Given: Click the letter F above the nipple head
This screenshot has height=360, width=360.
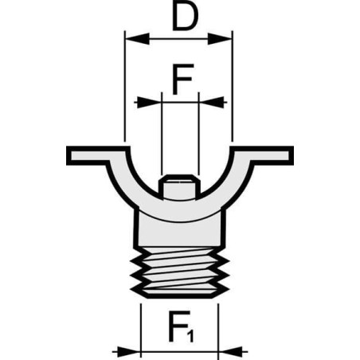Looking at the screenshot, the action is tap(182, 79).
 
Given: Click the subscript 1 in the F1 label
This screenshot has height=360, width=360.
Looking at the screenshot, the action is tap(190, 335).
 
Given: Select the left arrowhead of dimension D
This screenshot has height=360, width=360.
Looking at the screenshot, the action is tap(137, 39).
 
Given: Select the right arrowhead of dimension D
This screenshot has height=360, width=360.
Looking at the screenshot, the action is tap(220, 39).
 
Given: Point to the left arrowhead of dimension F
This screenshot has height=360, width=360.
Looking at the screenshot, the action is tap(149, 102).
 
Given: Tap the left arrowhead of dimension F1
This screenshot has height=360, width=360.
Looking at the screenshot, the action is tap(128, 351).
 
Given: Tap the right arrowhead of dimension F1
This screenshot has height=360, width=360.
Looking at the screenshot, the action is tap(230, 351).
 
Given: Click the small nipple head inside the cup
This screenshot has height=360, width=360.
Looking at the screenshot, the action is tap(180, 186).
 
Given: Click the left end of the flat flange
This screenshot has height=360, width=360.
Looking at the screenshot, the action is tap(68, 155).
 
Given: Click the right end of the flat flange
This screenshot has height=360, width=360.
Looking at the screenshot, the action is tap(291, 155).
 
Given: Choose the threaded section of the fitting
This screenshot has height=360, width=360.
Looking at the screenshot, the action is tap(180, 272).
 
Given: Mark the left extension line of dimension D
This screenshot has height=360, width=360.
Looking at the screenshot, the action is tap(124, 86).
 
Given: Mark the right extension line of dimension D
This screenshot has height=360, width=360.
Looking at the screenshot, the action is tap(233, 86).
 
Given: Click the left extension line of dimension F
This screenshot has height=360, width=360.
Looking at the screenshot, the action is tap(162, 134).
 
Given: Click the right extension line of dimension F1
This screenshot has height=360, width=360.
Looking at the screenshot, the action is tap(218, 331).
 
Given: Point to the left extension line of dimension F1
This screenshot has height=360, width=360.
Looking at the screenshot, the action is tap(141, 331).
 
